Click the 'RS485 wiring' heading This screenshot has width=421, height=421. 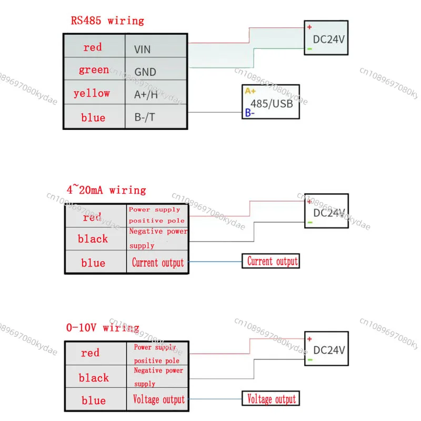(107, 21)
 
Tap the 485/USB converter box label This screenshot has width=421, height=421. (272, 104)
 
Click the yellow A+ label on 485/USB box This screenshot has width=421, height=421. (250, 91)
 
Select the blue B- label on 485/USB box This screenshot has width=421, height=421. (249, 113)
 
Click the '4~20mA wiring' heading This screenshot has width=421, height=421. (106, 190)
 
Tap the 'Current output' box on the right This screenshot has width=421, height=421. (270, 261)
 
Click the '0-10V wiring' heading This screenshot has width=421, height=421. (103, 327)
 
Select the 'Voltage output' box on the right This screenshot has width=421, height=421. (270, 398)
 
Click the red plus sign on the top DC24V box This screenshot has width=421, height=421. (309, 27)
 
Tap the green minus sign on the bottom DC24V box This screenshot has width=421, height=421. (310, 360)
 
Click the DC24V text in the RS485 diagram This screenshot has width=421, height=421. (328, 39)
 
